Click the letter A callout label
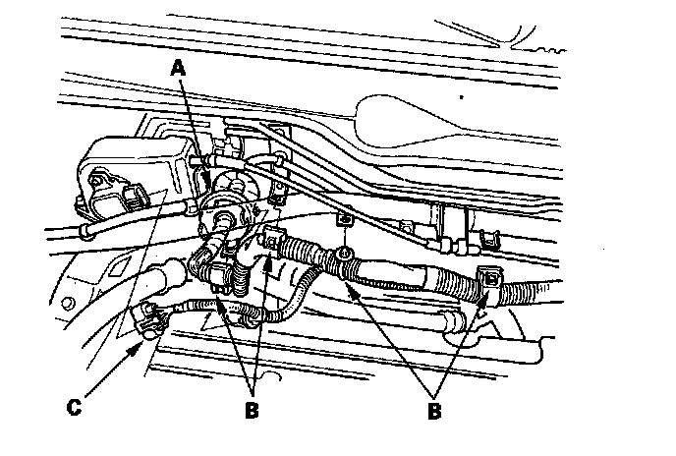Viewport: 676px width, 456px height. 177,68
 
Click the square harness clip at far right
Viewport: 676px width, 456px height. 488,283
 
